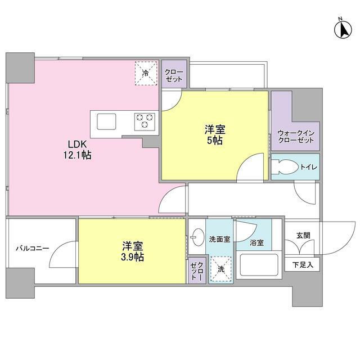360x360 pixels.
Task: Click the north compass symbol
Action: [x=341, y=29]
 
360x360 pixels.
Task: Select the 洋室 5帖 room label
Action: [x=214, y=136]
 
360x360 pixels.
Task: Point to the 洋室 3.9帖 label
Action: [x=132, y=251]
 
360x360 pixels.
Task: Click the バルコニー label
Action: [x=32, y=247]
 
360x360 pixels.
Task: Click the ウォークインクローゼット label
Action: [x=296, y=136]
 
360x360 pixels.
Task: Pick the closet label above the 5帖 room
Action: [x=173, y=75]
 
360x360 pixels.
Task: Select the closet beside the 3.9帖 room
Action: [x=196, y=271]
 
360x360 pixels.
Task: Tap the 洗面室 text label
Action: [x=219, y=239]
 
